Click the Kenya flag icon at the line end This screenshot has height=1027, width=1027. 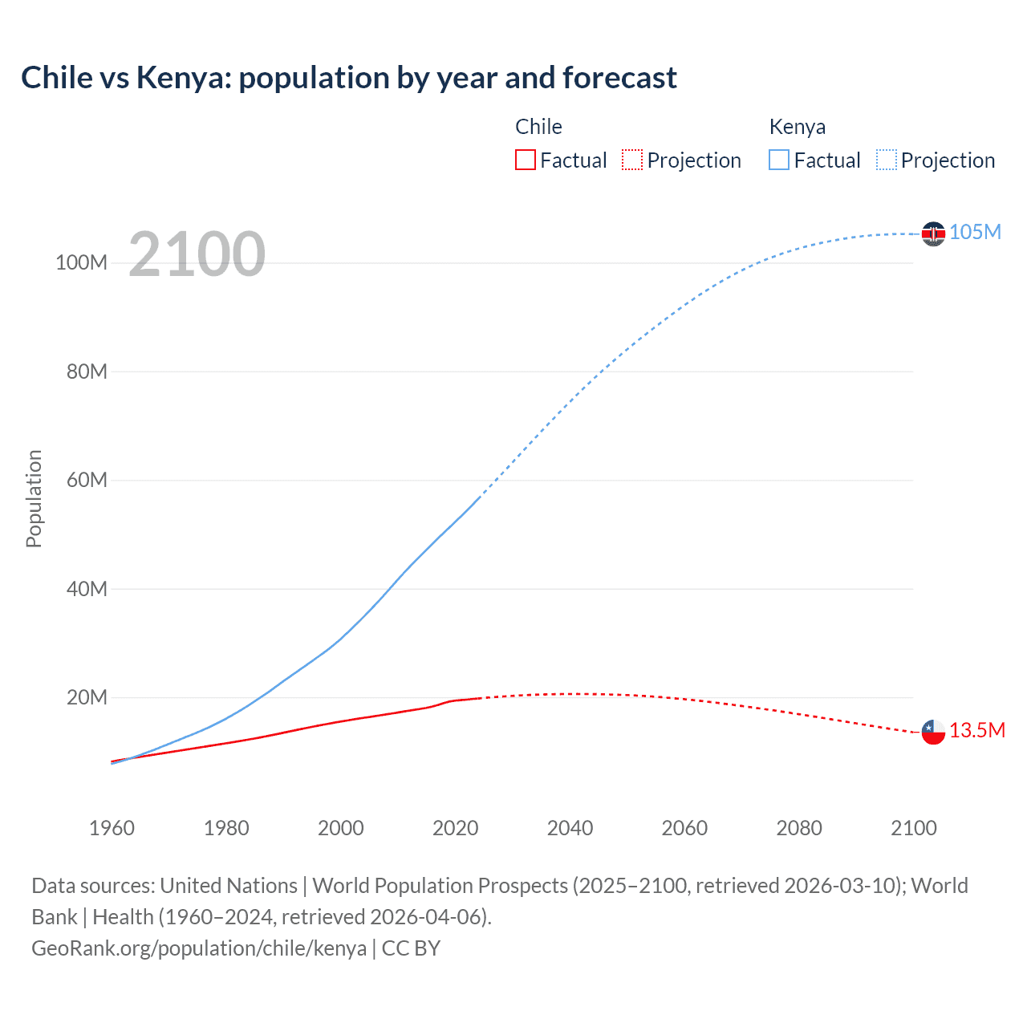pos(933,233)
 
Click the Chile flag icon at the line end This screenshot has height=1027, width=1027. pos(933,732)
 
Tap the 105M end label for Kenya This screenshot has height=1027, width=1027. pos(975,233)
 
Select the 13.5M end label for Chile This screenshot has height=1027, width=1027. pos(976,731)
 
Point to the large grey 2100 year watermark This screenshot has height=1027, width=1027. pos(197,254)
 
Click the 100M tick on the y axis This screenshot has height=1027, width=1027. pos(81,263)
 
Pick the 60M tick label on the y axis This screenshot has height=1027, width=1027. pos(87,481)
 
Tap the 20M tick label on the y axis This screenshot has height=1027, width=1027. pos(87,697)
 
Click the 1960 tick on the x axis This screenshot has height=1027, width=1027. pos(112,828)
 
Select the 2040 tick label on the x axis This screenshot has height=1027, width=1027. pos(570,828)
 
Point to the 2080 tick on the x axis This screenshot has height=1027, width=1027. pos(799,828)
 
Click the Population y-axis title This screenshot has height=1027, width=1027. pos(34,498)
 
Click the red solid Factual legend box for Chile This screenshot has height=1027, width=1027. pos(526,160)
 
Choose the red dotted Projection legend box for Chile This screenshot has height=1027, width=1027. pos(632,160)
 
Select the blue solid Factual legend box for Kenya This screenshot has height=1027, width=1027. pos(779,160)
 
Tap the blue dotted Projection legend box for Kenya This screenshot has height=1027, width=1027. pos(886,160)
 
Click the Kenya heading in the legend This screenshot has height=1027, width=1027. pos(797,127)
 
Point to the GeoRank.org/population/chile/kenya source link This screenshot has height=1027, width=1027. pos(199,948)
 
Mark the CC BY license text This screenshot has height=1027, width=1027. pos(411,948)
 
